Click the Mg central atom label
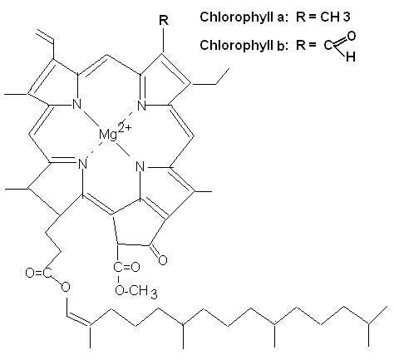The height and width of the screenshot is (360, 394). [108, 136]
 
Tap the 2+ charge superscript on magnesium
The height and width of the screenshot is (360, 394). [124, 127]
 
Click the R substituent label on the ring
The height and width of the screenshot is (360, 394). [164, 20]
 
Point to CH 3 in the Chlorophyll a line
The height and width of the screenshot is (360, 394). [336, 17]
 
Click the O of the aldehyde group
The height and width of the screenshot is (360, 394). [351, 36]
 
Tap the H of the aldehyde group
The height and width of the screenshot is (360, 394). [351, 57]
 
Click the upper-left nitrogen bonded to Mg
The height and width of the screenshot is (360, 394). [76, 105]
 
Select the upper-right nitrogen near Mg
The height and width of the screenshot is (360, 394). [141, 106]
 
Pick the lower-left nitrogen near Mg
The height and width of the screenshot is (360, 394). [82, 164]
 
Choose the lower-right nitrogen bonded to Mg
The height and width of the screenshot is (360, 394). [140, 167]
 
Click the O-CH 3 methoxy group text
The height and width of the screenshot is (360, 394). [136, 291]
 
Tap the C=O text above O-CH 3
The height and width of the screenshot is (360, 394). [126, 267]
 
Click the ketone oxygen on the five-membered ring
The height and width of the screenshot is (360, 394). [162, 260]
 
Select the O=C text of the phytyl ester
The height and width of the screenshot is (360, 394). [39, 273]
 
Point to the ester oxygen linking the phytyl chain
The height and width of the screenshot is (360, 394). [66, 287]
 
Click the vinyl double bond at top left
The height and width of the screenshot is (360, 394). [45, 36]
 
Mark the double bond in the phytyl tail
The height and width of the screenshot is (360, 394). [79, 319]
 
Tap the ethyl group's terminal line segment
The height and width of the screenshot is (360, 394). [223, 76]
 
